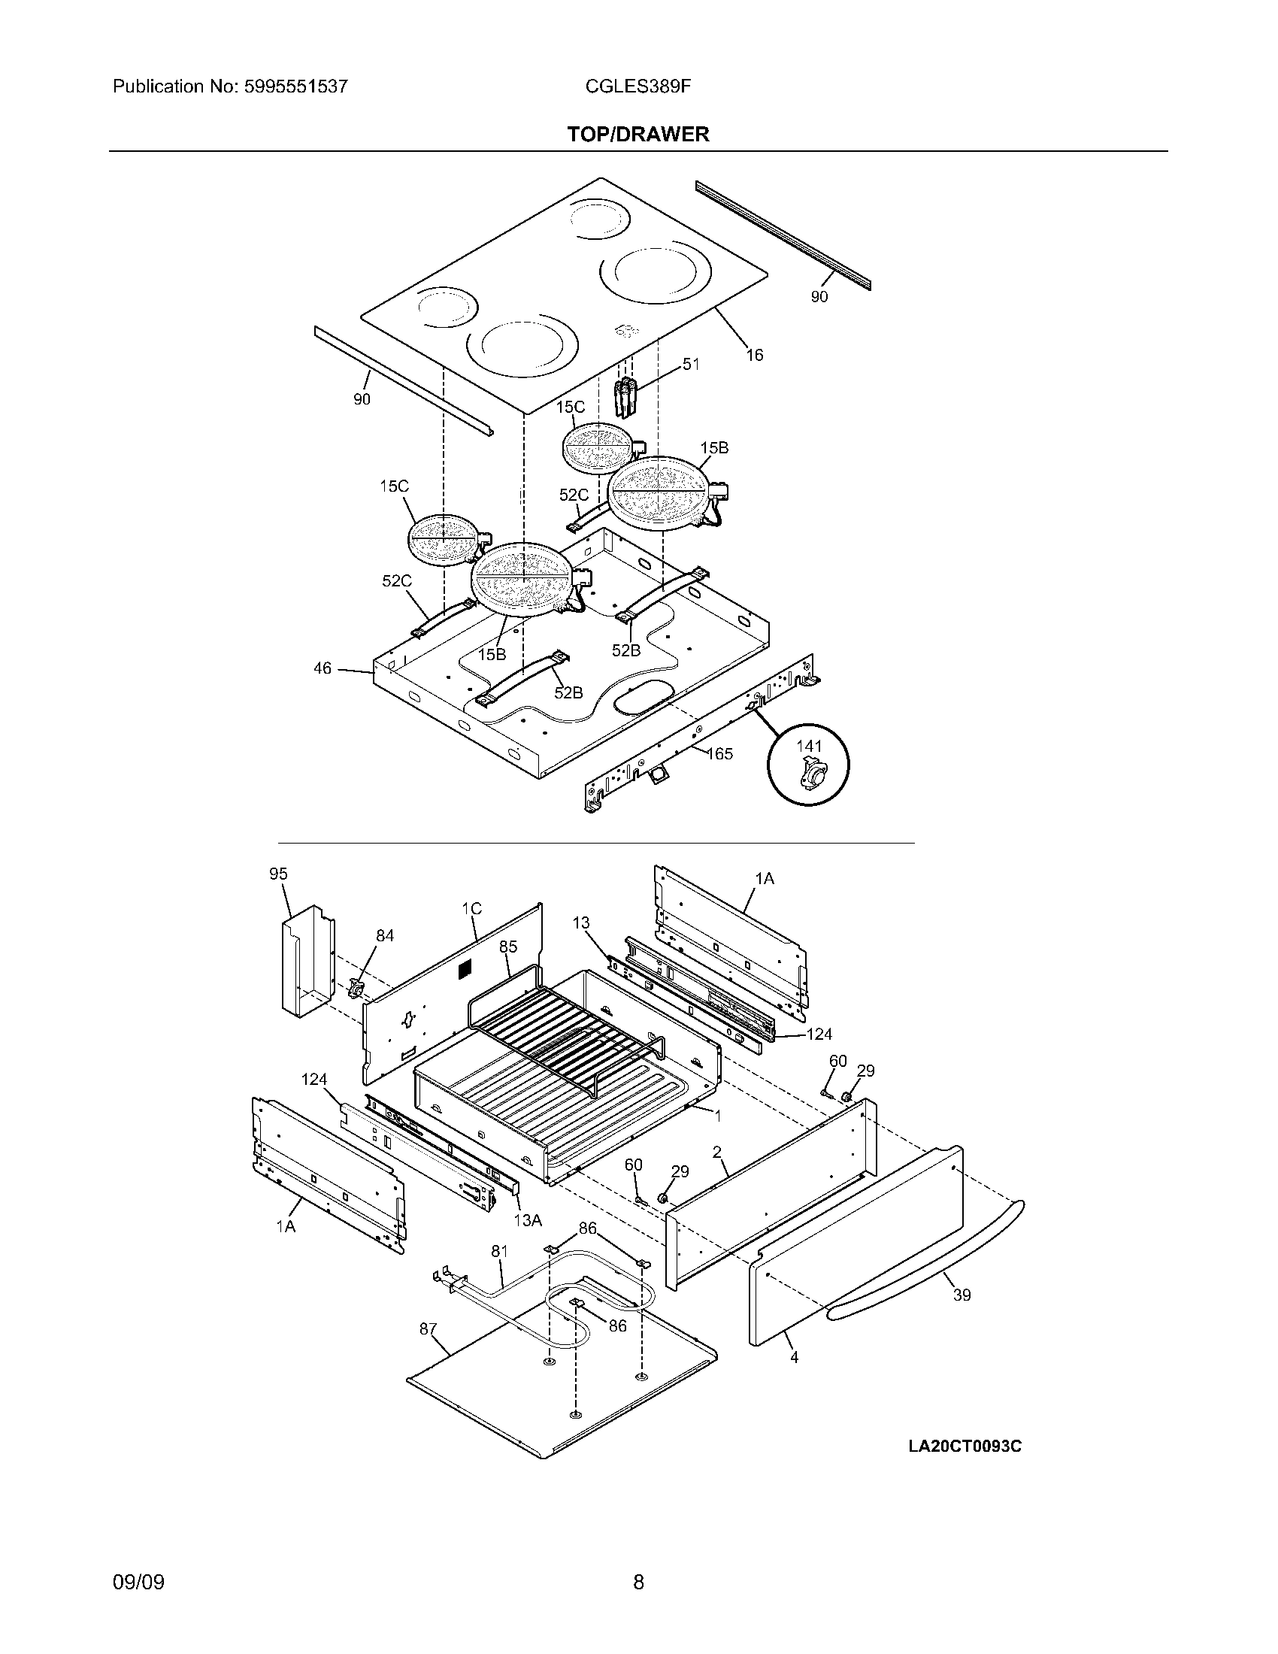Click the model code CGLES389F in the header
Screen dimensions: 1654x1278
637,86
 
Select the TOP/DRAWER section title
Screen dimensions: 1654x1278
638,135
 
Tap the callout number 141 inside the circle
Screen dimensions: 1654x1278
809,746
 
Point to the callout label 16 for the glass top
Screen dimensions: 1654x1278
754,354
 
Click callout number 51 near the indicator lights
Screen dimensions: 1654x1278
690,365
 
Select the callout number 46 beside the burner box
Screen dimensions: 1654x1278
323,668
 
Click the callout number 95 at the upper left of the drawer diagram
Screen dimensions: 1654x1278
279,874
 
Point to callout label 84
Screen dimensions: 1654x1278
385,935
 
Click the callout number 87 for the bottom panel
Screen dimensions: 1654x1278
429,1328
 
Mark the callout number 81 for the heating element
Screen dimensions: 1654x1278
499,1252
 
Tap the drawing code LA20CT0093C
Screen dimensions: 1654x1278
965,1446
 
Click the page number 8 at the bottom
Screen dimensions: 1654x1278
638,1561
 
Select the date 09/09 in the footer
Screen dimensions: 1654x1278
138,1561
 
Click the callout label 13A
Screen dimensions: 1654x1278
528,1220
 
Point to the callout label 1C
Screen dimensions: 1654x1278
471,909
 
